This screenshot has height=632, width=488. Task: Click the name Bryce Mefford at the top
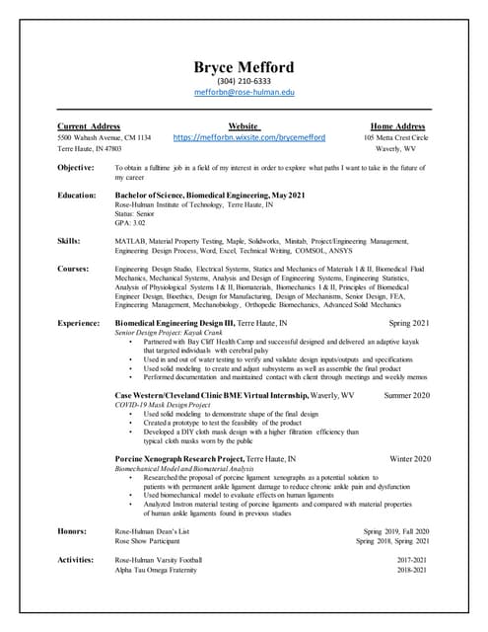coord(243,67)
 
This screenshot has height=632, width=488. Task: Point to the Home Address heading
coord(397,126)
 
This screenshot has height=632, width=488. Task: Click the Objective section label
coord(76,168)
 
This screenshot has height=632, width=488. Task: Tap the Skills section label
coord(69,240)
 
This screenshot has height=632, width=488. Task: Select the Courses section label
coord(73,268)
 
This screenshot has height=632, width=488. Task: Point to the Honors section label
coord(72,531)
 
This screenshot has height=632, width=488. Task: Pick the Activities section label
coord(75,560)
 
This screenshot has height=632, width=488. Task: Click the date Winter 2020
coord(410,459)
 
